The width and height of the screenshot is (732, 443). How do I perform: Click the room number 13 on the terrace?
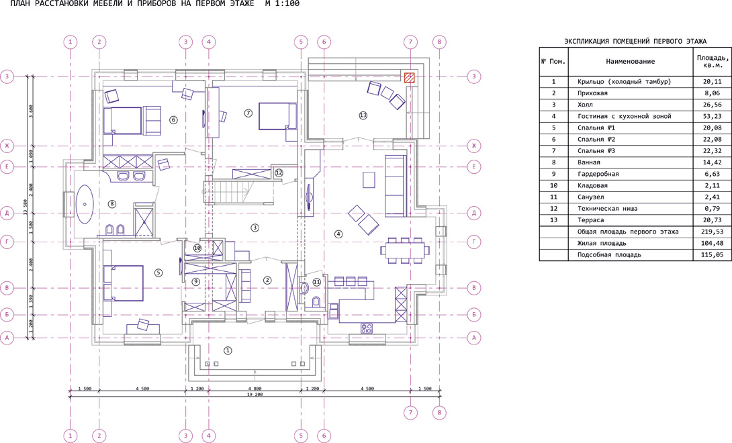pyautogui.click(x=363, y=115)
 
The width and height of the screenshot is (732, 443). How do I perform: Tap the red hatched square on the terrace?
pyautogui.click(x=410, y=77)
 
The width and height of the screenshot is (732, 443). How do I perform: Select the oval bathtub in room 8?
pyautogui.click(x=85, y=203)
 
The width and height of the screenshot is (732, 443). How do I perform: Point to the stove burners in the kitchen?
pyautogui.click(x=367, y=328)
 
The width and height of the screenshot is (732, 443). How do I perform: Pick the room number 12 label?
pyautogui.click(x=279, y=173)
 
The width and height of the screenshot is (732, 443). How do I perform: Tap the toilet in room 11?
pyautogui.click(x=316, y=301)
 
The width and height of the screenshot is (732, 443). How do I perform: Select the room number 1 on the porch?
pyautogui.click(x=228, y=350)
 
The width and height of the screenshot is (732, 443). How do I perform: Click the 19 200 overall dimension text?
pyautogui.click(x=255, y=395)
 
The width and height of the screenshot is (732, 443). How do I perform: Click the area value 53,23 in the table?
pyautogui.click(x=712, y=116)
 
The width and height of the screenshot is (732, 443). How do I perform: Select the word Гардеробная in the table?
pyautogui.click(x=598, y=174)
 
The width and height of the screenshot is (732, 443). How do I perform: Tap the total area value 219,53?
pyautogui.click(x=712, y=232)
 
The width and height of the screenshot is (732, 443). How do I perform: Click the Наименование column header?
pyautogui.click(x=630, y=61)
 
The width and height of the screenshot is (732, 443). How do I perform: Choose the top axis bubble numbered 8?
pyautogui.click(x=439, y=42)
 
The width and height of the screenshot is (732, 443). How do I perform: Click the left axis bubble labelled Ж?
pyautogui.click(x=7, y=146)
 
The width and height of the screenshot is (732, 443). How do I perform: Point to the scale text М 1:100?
pyautogui.click(x=282, y=4)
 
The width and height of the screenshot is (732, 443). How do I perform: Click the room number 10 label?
pyautogui.click(x=197, y=248)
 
